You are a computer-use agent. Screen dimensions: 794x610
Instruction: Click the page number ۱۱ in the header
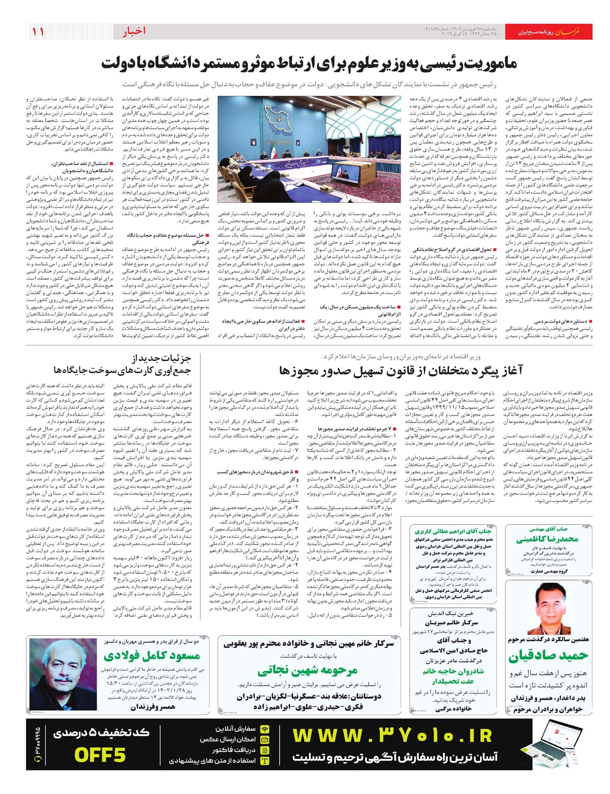(x=38, y=32)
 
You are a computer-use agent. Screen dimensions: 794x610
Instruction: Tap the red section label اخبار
(x=134, y=32)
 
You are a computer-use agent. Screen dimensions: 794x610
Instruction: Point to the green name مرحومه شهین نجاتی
(x=307, y=670)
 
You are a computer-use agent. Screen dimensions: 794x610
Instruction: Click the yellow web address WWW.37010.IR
(x=392, y=736)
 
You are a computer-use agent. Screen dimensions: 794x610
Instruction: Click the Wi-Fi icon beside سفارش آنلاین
(x=265, y=729)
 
